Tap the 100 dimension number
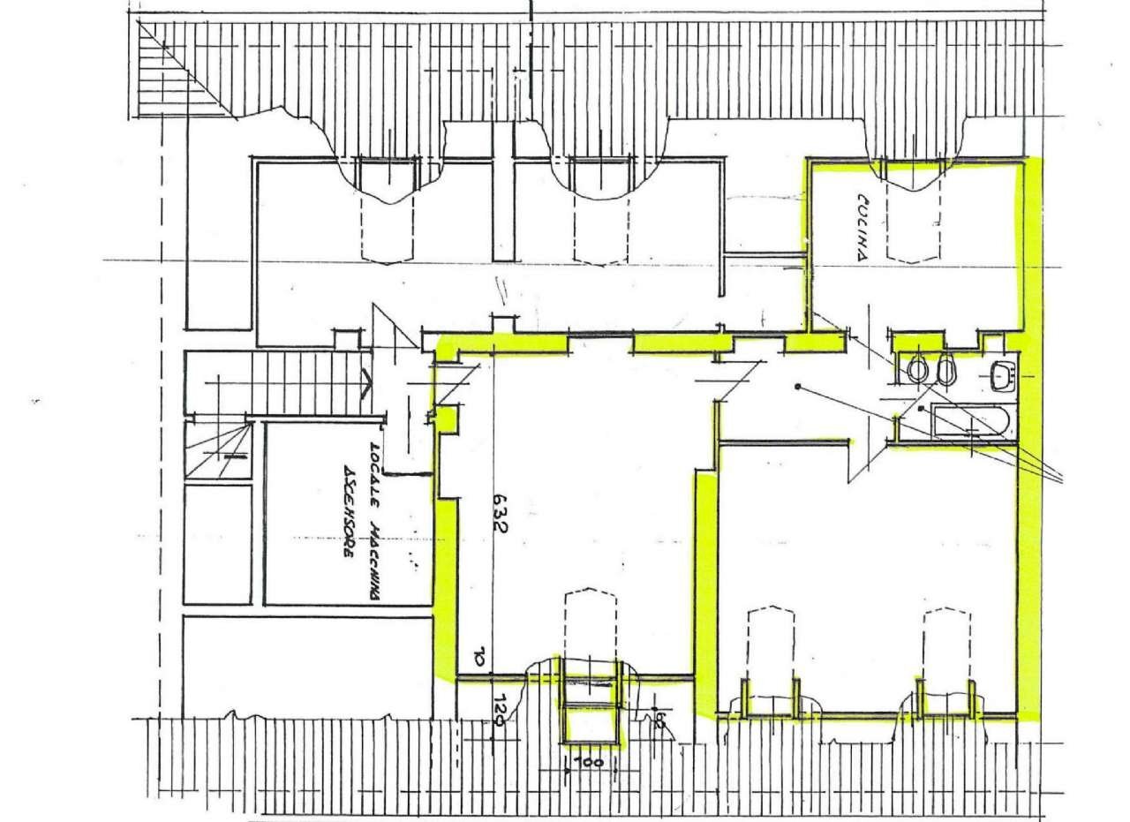click(x=591, y=761)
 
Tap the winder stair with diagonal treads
click(x=217, y=449)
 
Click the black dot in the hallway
click(x=797, y=386)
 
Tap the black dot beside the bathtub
click(x=919, y=410)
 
